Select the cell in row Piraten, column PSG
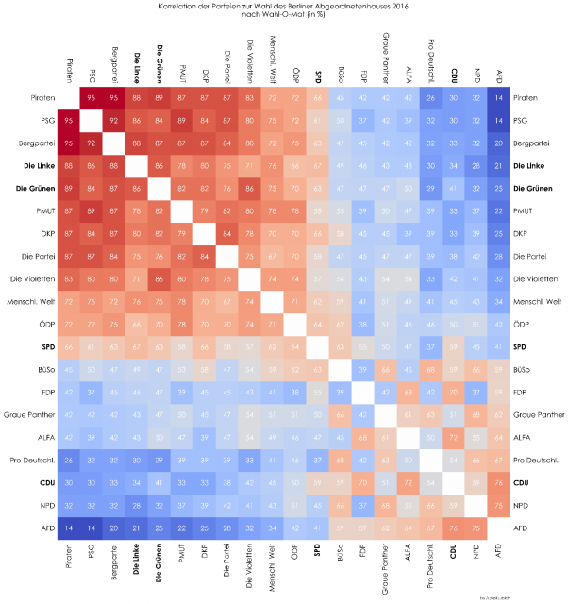tap(92, 97)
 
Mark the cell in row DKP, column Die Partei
tap(227, 233)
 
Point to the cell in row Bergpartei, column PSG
tap(92, 143)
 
